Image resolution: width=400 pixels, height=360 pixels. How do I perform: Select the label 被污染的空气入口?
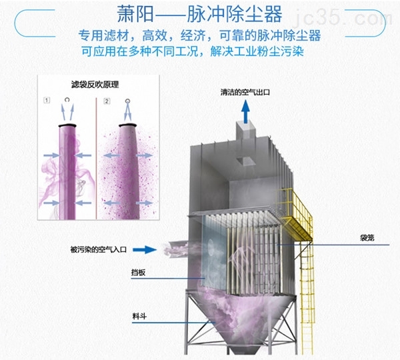pos(96,249)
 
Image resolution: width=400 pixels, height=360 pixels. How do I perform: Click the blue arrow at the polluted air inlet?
pos(143,250)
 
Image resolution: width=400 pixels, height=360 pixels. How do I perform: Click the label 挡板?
pos(139,272)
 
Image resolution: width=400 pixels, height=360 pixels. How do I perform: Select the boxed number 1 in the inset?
pos(47,101)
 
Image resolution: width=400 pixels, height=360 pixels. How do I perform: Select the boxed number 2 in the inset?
pos(107,101)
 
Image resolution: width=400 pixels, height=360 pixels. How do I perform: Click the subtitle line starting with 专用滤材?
pos(200,35)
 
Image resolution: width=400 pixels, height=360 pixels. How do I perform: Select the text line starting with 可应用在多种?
pos(200,51)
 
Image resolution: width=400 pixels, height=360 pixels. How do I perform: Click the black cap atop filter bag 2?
pos(127,125)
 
